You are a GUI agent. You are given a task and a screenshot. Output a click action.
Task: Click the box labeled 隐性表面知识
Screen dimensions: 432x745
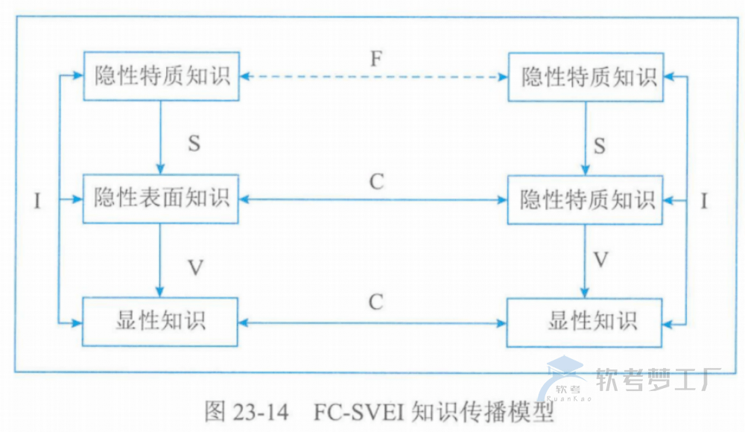click(160, 199)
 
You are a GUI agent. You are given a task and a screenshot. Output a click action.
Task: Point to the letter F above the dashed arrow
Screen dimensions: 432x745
click(376, 59)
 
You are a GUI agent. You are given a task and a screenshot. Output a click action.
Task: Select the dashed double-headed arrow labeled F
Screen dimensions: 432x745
click(373, 77)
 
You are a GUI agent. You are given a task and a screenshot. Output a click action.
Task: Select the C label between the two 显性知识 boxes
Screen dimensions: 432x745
click(375, 302)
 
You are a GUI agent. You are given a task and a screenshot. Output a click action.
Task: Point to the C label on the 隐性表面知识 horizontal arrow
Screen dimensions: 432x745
click(376, 182)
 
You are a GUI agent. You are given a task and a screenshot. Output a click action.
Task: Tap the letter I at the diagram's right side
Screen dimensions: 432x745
click(706, 200)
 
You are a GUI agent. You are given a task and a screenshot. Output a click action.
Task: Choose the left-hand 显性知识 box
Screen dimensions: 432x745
click(160, 321)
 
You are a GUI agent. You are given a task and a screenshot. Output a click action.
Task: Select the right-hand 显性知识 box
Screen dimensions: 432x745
click(584, 322)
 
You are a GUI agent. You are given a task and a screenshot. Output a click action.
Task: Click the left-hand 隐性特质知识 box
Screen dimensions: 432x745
click(160, 76)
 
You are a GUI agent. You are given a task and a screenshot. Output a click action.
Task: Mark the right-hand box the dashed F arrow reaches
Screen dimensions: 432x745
click(584, 77)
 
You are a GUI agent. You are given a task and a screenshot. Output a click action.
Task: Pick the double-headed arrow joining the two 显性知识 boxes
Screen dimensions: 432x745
click(373, 323)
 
